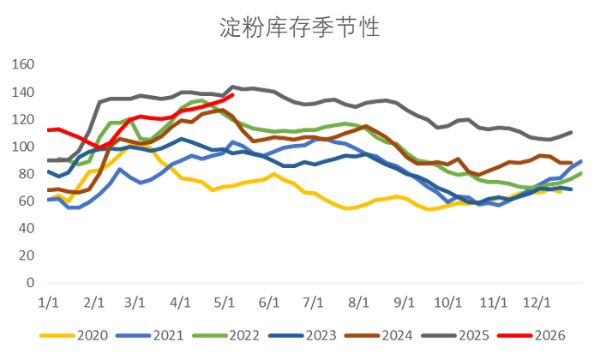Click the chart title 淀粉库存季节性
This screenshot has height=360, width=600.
click(299, 27)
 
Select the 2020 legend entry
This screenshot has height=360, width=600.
click(74, 335)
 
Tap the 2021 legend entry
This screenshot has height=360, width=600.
click(150, 335)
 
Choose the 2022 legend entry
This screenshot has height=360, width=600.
click(226, 335)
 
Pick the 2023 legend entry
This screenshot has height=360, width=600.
click(303, 335)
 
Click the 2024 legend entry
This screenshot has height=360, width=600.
click(379, 335)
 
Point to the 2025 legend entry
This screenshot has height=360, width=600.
click(455, 335)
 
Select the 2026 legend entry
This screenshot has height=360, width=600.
click(531, 335)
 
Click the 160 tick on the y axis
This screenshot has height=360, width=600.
click(23, 64)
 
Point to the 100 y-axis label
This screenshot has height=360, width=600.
click(23, 147)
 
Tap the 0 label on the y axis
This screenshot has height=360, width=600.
click(30, 283)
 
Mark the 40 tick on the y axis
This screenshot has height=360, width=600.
click(27, 228)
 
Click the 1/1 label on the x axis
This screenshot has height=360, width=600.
click(49, 303)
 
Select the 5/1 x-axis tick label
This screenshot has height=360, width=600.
click(225, 303)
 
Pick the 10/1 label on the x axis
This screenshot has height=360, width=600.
click(447, 303)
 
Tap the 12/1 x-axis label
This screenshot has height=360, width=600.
click(537, 303)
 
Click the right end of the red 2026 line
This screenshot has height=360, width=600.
click(232, 95)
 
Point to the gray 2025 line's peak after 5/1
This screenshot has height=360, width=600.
click(232, 87)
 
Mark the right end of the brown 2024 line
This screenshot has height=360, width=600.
click(571, 163)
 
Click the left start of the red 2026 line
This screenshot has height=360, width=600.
click(48, 130)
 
